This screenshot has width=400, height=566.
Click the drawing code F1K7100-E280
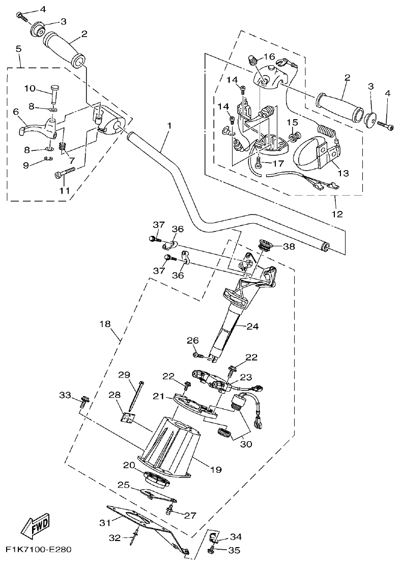point(39,550)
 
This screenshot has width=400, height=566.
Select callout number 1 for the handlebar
point(169,125)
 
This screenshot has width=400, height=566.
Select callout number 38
point(289,246)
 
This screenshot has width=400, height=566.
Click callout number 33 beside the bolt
point(65,395)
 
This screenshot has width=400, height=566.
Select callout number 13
point(342,173)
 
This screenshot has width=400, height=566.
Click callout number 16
point(269,56)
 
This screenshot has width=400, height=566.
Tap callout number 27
point(190,516)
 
